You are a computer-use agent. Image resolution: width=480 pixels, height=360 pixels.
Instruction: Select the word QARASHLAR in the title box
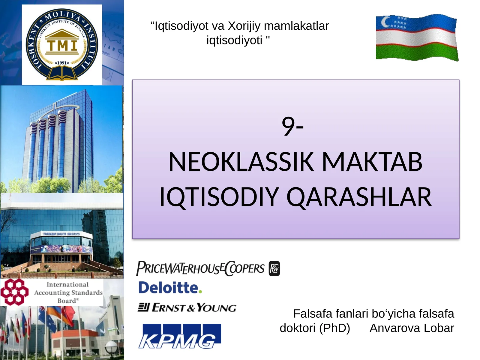pos(359,197)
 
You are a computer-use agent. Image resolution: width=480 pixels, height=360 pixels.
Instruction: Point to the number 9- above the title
pos(292,126)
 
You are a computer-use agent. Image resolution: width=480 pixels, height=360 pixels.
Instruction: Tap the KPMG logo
pos(179,336)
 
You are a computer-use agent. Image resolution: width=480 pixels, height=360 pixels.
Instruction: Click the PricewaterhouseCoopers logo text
pos(200,268)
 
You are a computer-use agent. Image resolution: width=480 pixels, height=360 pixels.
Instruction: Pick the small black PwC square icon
pos(274,268)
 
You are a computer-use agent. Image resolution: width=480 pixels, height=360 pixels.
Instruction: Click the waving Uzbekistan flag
pos(416,37)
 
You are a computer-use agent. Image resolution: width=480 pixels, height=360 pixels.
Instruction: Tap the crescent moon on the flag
pos(385,21)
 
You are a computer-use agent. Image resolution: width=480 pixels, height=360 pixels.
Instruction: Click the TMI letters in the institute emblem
pos(62,46)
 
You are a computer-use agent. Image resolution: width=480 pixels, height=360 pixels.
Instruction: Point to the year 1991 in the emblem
pos(62,63)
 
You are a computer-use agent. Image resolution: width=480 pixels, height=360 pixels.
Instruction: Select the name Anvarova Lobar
pos(412,328)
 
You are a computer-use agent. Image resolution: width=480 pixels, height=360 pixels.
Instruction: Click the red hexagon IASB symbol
pos(14,292)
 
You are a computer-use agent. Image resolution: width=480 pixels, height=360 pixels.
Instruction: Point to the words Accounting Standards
pos(68,292)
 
